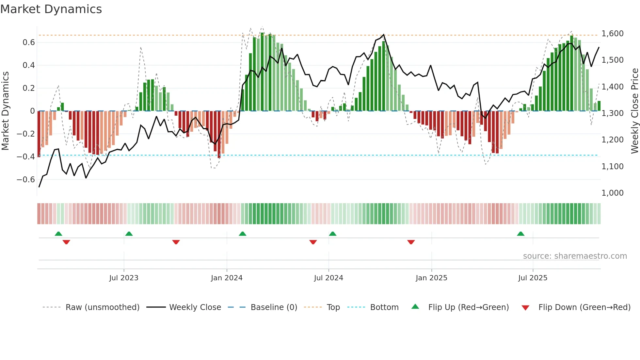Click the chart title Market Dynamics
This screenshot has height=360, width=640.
(51, 9)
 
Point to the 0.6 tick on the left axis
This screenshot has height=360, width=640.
(29, 42)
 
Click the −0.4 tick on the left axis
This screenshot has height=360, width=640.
(26, 157)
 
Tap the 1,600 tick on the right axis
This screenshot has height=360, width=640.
(612, 34)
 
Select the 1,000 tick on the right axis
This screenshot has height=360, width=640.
(612, 193)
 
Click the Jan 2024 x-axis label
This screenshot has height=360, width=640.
(227, 278)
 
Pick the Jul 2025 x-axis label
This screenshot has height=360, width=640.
(533, 278)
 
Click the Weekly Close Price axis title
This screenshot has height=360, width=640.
(634, 111)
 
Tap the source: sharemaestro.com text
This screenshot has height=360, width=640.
(575, 256)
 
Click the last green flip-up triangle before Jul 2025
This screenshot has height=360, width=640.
(520, 234)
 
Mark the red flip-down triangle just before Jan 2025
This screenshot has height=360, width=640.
(411, 242)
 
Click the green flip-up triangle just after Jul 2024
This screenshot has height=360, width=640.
(332, 234)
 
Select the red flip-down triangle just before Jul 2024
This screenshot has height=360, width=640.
(313, 242)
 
